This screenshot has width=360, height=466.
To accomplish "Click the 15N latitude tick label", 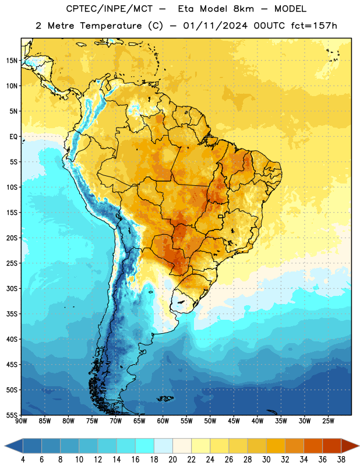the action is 12,61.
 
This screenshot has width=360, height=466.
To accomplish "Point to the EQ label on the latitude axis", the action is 13,137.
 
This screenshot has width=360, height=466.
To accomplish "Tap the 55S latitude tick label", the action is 12,415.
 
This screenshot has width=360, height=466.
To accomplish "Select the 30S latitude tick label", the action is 12,288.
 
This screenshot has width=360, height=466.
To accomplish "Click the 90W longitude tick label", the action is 21,421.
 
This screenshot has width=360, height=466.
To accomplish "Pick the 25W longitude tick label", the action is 328,421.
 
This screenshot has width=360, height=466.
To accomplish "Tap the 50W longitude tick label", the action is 210,421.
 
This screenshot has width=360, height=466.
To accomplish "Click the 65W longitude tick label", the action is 139,421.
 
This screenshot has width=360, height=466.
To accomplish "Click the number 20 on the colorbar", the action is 172,460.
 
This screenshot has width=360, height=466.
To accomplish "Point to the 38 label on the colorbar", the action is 341,460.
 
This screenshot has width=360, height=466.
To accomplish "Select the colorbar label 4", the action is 23,460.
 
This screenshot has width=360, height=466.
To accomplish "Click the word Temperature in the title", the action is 111,26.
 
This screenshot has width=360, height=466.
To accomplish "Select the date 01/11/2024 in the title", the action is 216,26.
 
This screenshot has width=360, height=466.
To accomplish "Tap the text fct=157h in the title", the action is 314,26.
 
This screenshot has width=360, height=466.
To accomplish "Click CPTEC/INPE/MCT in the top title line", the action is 109,9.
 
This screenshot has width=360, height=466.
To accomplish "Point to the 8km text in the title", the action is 243,9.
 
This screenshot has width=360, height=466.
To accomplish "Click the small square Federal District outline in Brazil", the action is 221,216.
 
